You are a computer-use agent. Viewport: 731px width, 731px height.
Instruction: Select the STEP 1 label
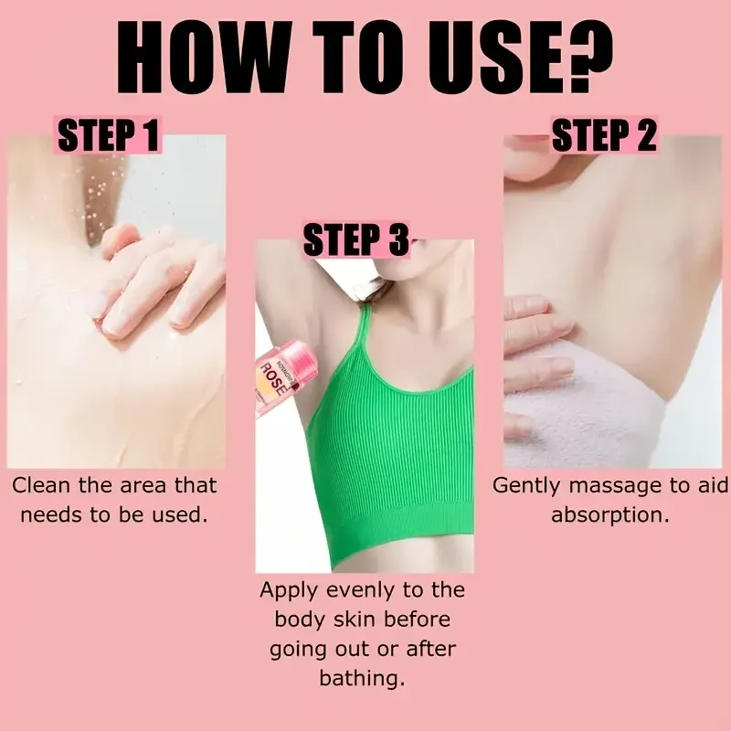pyautogui.click(x=109, y=137)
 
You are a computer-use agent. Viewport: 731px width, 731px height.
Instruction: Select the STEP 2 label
pyautogui.click(x=604, y=137)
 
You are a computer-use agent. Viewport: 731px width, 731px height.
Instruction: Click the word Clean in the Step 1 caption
pyautogui.click(x=42, y=485)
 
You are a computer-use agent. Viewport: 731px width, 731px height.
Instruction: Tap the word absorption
pyautogui.click(x=609, y=514)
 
